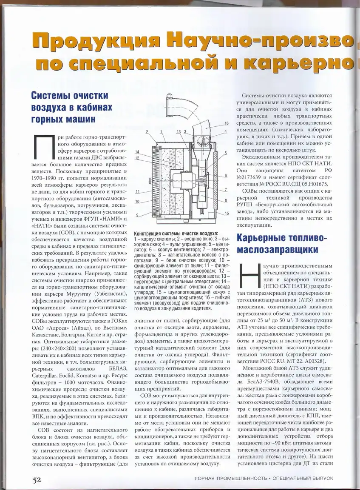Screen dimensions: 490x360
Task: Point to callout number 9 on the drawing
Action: point(137,215)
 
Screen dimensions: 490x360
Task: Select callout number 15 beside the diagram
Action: point(227,213)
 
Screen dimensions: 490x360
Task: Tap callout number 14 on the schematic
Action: point(137,152)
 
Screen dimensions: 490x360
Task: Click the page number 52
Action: point(37,479)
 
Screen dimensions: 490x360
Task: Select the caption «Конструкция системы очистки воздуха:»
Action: point(175,234)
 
